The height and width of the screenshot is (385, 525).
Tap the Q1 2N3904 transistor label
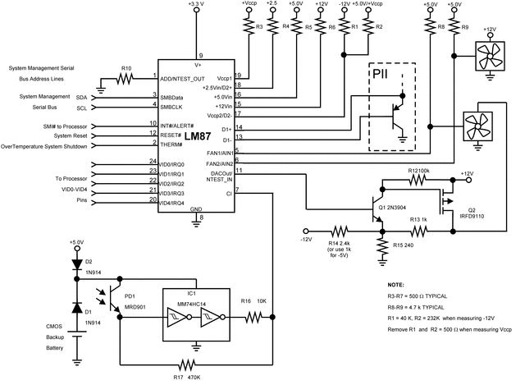(397, 208)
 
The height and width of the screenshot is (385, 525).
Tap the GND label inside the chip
(197, 210)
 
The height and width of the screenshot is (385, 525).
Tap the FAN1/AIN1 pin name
(220, 153)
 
